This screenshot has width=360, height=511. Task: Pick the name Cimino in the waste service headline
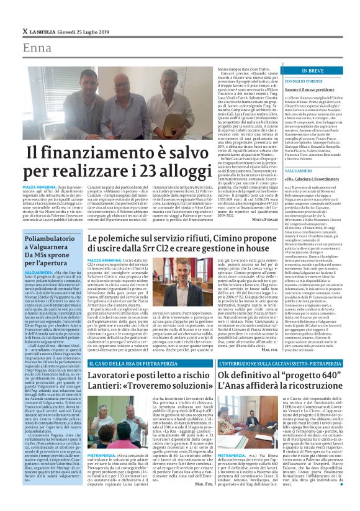(240, 238)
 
